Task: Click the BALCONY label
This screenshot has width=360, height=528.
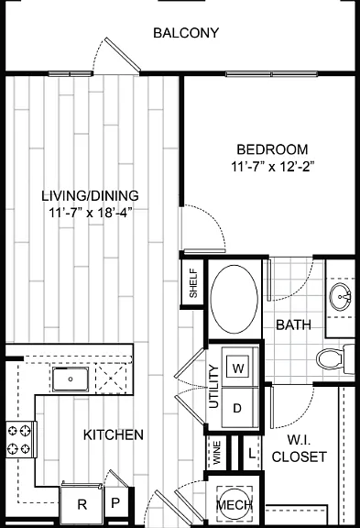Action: click(186, 33)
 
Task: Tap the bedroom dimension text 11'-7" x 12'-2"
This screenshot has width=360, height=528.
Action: click(273, 167)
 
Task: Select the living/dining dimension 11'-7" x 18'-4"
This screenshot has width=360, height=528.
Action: click(90, 213)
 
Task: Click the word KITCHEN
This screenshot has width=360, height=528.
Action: click(114, 435)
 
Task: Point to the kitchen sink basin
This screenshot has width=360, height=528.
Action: click(71, 379)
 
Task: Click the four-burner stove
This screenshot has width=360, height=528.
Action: click(20, 439)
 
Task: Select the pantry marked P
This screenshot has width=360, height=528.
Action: click(115, 503)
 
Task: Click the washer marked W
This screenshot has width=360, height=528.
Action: click(238, 368)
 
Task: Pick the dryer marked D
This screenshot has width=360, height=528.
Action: click(237, 408)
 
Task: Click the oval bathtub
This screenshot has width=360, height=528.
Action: click(235, 300)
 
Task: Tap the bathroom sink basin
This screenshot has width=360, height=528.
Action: click(341, 297)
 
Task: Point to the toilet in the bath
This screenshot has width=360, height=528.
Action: click(335, 359)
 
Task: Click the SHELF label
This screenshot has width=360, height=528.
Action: click(193, 282)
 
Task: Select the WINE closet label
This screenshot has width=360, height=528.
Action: click(217, 453)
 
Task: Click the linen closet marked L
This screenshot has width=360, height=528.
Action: click(252, 454)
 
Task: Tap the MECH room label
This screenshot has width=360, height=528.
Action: click(235, 505)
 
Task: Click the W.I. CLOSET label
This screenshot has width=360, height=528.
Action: click(300, 448)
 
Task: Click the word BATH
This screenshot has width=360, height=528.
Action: click(293, 324)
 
